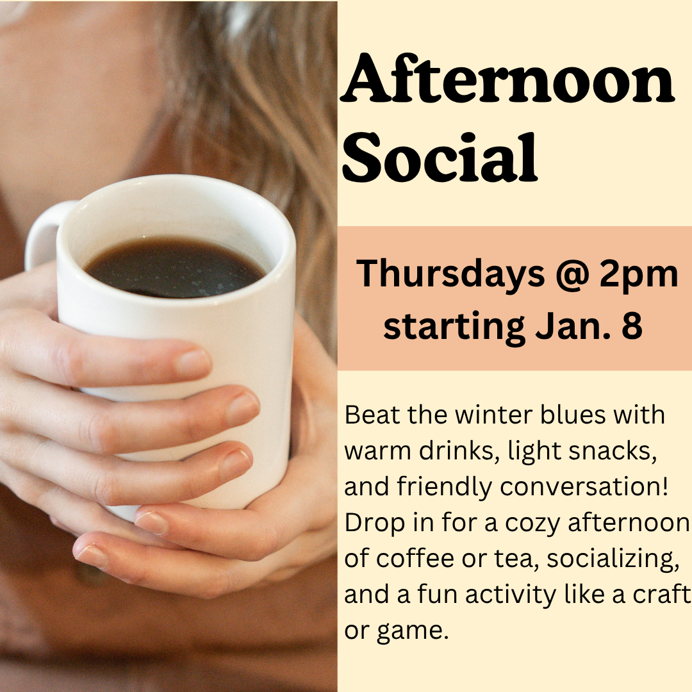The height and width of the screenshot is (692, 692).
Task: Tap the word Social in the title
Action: coord(440,157)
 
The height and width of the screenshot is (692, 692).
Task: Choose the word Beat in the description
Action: coord(367,415)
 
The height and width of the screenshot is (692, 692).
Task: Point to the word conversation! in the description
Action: coord(584,487)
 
